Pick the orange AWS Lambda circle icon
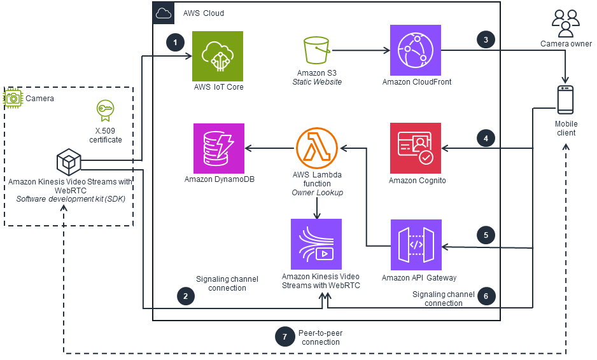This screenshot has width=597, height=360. (317, 148)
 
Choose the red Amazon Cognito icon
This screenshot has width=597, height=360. (415, 148)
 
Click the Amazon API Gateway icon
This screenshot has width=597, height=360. (415, 244)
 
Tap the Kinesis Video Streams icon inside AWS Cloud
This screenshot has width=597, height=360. (316, 244)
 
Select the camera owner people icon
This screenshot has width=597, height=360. (566, 24)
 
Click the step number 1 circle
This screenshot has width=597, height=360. (175, 43)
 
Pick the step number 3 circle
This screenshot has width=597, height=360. (486, 39)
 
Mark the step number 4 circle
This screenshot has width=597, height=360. (486, 137)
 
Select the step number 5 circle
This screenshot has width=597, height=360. (486, 235)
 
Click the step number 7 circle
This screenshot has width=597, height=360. (284, 336)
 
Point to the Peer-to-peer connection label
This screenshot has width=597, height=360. (321, 337)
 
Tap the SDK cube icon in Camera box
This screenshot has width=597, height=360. (67, 162)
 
